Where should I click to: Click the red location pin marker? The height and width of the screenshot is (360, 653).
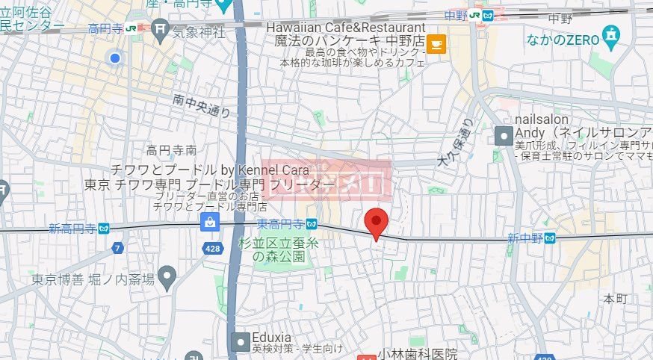[376, 223]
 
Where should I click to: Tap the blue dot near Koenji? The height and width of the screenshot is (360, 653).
[114, 58]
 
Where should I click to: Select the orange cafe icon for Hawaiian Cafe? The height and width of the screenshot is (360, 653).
[436, 45]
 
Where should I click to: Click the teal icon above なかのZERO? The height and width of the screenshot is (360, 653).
[612, 33]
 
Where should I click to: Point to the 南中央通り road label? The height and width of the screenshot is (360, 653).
[201, 105]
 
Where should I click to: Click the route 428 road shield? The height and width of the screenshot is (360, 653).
[212, 248]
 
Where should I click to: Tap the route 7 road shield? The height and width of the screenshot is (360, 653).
[117, 247]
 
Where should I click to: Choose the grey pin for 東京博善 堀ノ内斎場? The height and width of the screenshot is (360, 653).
[167, 279]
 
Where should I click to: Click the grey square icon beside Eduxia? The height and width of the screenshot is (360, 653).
[240, 342]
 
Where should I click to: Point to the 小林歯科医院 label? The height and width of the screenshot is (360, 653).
[417, 353]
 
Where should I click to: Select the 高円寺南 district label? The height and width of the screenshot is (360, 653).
[171, 150]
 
